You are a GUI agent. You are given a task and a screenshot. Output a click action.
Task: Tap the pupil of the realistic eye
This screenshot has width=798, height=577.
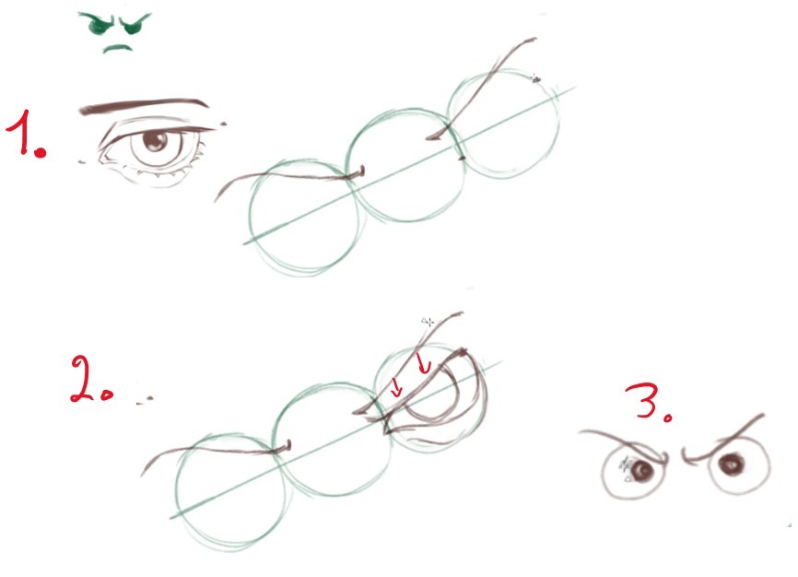coord(155,141)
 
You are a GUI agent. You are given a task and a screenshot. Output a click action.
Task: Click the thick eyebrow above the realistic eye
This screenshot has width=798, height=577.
coord(144,105)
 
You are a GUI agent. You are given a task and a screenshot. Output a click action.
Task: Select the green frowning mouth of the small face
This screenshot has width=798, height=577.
coord(118,48)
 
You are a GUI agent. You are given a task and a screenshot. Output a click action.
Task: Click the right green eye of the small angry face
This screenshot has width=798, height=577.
coord(133,24)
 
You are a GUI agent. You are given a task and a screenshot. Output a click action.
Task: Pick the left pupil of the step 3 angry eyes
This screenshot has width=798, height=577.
coord(643,469)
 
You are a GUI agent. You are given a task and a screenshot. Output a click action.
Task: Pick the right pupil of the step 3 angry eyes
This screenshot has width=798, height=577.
coord(731,465)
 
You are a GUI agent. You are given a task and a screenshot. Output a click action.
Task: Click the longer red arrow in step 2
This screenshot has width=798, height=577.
coord(423,362)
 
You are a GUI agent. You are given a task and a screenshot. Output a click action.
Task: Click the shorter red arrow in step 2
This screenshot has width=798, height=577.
coord(397,387)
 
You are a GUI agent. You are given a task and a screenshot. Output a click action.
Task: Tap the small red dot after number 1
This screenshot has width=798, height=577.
coord(41,152)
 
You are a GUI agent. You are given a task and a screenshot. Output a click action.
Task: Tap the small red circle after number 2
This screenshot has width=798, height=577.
coord(106,395)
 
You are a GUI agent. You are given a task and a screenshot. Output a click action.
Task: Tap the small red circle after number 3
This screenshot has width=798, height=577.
coord(667,418)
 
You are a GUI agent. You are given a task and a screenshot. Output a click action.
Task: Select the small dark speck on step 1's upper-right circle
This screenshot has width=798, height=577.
coord(534,79)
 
